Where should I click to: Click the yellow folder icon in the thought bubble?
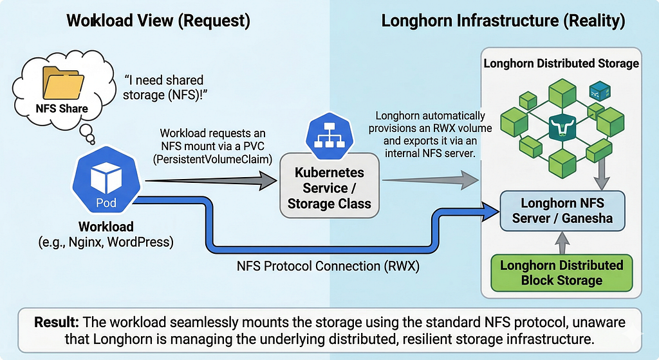click(x=62, y=82)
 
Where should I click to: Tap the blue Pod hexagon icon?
click(x=106, y=180)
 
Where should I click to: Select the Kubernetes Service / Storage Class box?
click(x=329, y=185)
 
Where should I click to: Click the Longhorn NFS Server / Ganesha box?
click(x=562, y=211)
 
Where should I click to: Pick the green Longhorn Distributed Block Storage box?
click(x=562, y=272)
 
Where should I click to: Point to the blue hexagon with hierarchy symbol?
click(x=329, y=135)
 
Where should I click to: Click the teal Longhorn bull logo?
click(x=562, y=127)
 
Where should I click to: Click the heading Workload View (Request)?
click(x=158, y=21)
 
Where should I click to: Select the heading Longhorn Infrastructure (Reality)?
click(x=503, y=21)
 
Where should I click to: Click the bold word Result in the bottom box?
click(x=57, y=322)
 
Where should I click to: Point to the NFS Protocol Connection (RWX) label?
click(x=328, y=266)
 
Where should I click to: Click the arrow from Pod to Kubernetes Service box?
click(x=211, y=181)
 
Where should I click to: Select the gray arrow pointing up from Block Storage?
click(x=562, y=243)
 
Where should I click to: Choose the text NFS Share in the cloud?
click(x=62, y=108)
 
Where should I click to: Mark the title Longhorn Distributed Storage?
click(x=561, y=64)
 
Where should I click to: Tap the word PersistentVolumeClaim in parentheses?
click(x=212, y=160)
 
